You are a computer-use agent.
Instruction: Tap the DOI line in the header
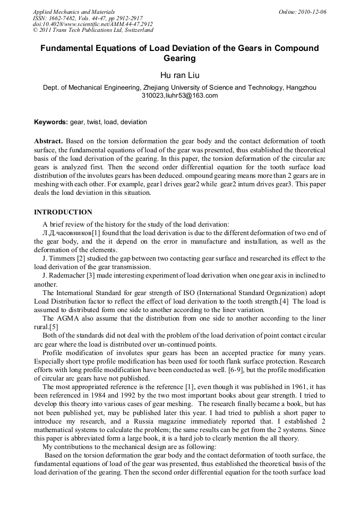click(92, 24)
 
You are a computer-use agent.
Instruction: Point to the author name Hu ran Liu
click(179, 75)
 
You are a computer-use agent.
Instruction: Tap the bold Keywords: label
click(51, 122)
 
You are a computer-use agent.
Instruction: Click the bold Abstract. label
click(49, 142)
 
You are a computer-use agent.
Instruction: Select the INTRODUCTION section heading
click(63, 212)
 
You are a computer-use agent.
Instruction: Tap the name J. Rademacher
click(63, 275)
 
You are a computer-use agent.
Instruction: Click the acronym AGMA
click(67, 318)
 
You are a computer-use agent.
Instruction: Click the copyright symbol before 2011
click(36, 30)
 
